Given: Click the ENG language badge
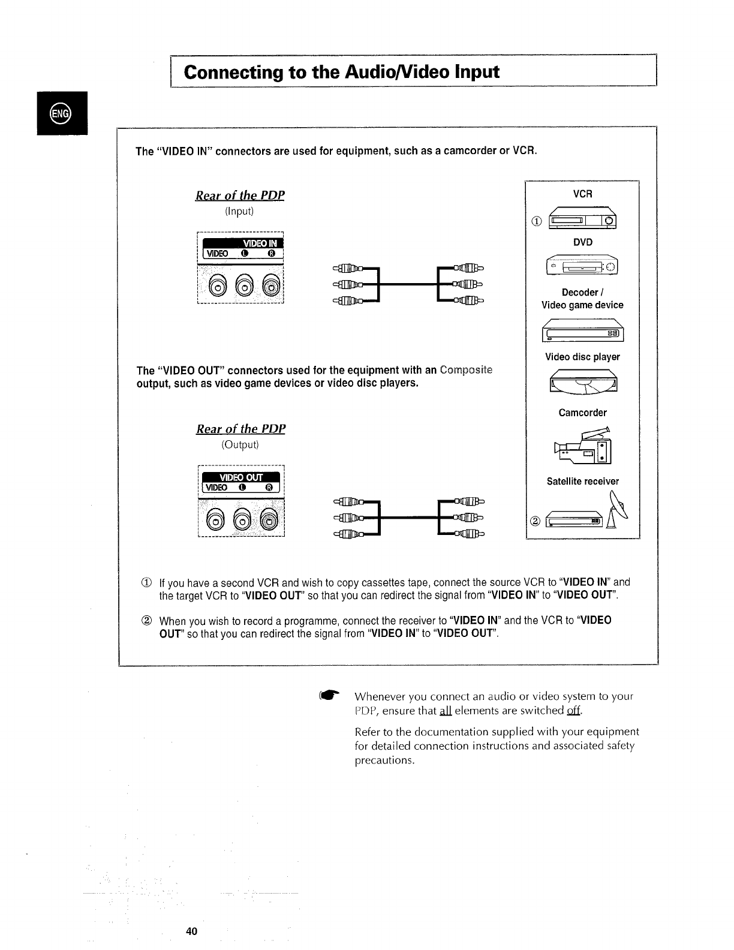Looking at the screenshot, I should pyautogui.click(x=61, y=113).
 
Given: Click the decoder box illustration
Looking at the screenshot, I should pyautogui.click(x=582, y=332).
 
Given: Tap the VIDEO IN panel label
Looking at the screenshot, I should pyautogui.click(x=260, y=243).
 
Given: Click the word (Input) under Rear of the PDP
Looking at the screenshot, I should pyautogui.click(x=239, y=211).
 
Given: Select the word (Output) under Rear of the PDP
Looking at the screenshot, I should pyautogui.click(x=240, y=444).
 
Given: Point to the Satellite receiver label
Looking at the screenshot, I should pyautogui.click(x=582, y=481).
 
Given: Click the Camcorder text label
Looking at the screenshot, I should pyautogui.click(x=582, y=413).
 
